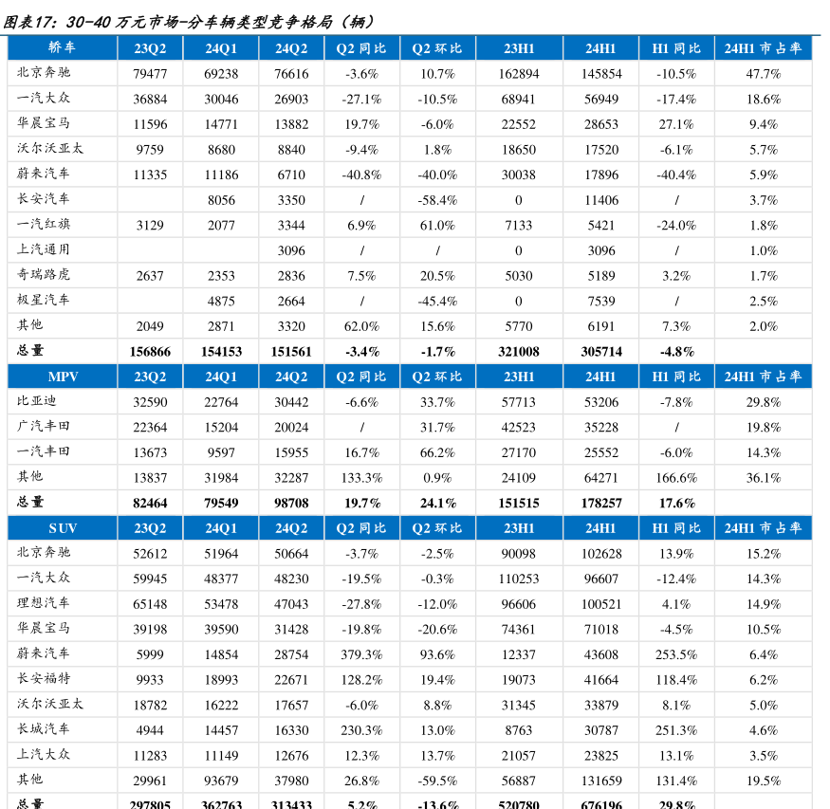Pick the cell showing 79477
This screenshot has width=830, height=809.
tap(150, 74)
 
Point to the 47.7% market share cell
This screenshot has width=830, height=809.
tap(763, 74)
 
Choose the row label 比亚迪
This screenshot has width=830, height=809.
tap(37, 401)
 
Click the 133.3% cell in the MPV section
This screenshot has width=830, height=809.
tap(361, 478)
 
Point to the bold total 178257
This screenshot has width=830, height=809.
tap(601, 504)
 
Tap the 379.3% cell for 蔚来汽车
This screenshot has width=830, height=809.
tap(361, 654)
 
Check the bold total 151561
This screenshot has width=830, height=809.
tap(291, 352)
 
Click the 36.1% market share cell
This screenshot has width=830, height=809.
tap(763, 478)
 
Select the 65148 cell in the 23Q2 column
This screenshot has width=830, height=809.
tap(150, 604)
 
